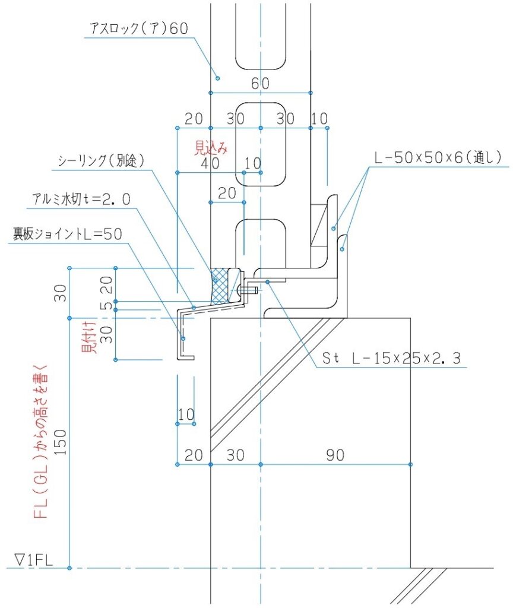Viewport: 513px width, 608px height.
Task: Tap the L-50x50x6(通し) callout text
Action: [439, 157]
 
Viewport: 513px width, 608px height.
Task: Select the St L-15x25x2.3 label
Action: [391, 358]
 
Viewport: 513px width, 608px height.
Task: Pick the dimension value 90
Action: [335, 455]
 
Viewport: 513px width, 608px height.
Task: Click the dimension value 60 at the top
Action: [259, 84]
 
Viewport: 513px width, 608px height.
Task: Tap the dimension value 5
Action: [105, 306]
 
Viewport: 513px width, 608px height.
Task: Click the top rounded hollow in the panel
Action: [261, 36]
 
